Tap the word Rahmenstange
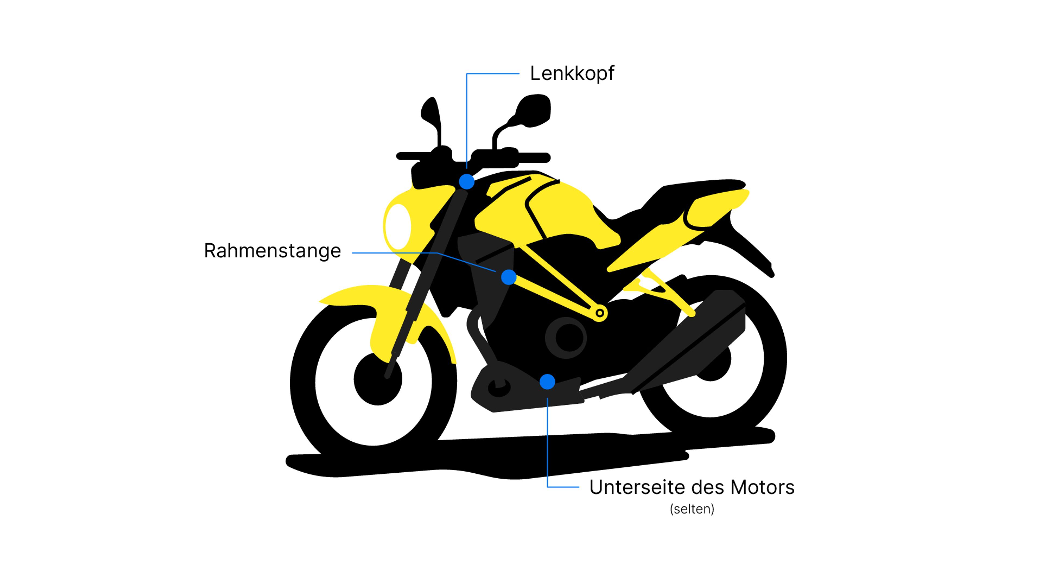[272, 251]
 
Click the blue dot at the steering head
[466, 181]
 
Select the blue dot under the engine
[547, 382]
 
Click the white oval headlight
[398, 227]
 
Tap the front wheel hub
[377, 379]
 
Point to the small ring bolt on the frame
[600, 313]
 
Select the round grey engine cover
[566, 338]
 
